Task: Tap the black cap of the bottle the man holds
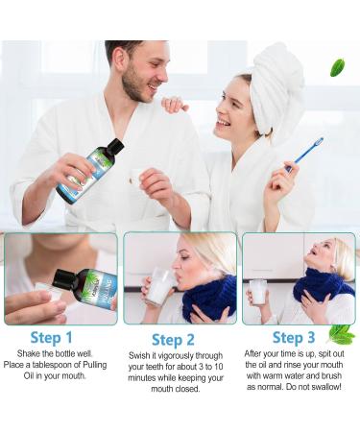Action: tap(113, 147)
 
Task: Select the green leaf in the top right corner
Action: tap(337, 67)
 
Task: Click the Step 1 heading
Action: tap(51, 337)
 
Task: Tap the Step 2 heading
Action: tap(175, 340)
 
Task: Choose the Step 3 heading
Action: tap(294, 337)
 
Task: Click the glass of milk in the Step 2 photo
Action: tap(159, 286)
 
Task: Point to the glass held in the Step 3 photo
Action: tap(257, 291)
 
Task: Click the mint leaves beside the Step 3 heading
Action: tap(340, 334)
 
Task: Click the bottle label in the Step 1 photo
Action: tap(98, 286)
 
